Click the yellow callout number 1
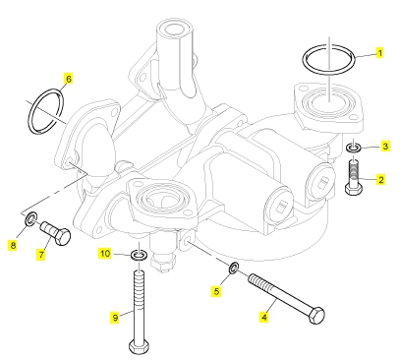click(x=379, y=53)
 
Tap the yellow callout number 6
click(x=68, y=79)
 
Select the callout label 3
click(x=385, y=147)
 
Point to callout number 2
click(x=380, y=180)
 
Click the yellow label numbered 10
click(x=105, y=254)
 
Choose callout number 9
click(x=115, y=318)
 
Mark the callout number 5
click(x=216, y=291)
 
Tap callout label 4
click(x=264, y=317)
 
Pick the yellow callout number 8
click(x=13, y=245)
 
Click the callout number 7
click(x=41, y=255)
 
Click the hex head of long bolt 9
click(x=140, y=347)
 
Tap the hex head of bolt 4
click(x=316, y=316)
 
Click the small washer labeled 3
click(x=354, y=148)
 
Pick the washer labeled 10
click(x=140, y=255)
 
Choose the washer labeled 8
click(x=31, y=218)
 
